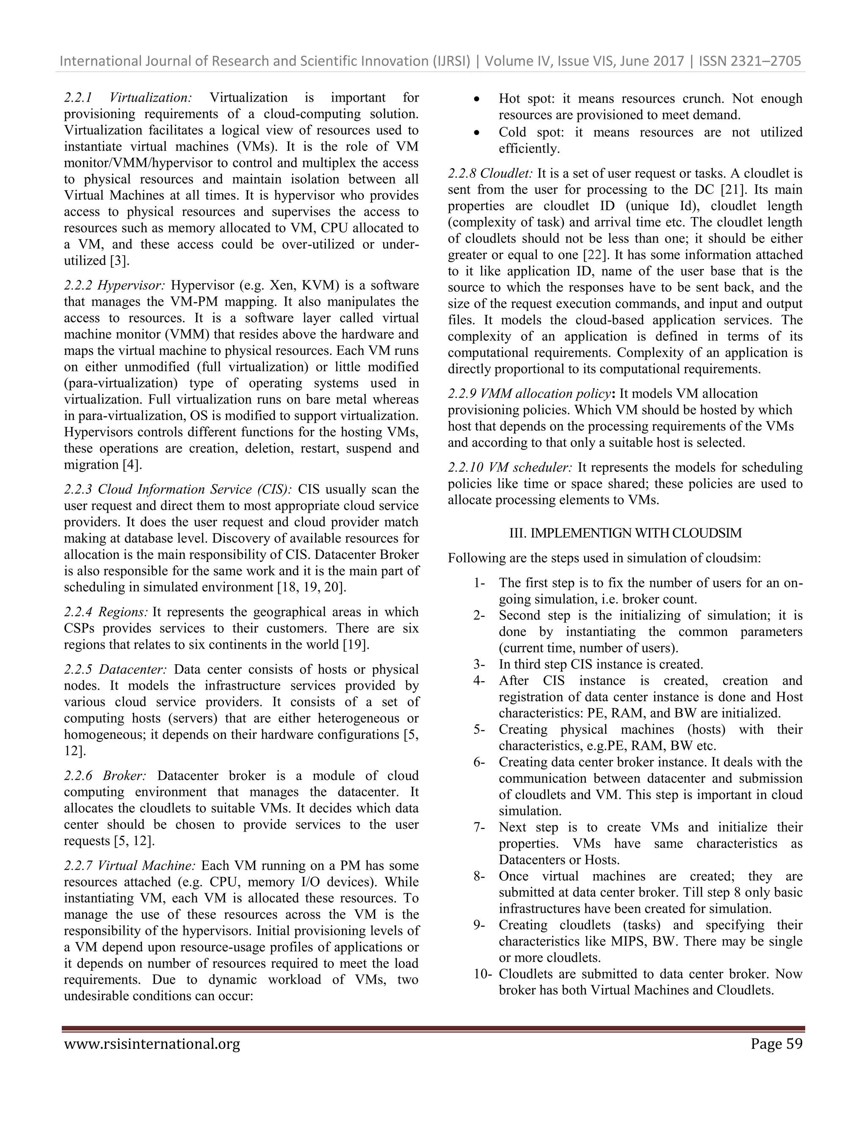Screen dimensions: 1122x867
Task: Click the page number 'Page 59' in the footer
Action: coord(776,1045)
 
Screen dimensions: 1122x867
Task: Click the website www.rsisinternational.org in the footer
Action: coord(152,1045)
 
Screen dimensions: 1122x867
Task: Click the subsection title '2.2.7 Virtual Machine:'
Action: coord(130,866)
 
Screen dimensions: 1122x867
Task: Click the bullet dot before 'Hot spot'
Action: coord(477,99)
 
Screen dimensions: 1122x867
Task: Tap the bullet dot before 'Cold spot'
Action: coord(477,133)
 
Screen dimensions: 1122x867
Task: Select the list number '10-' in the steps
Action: coord(483,973)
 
